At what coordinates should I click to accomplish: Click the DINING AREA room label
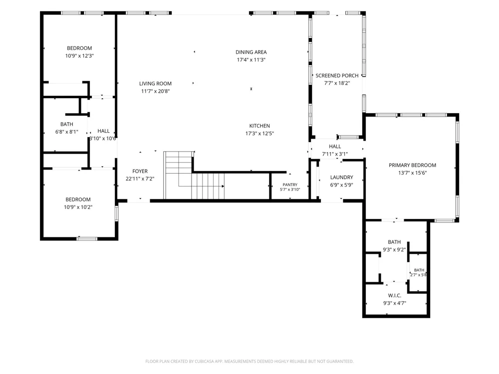[251, 52]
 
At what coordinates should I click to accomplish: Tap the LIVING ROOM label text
[155, 84]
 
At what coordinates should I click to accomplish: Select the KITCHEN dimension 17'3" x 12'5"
[259, 134]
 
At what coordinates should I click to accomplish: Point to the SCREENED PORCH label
[337, 76]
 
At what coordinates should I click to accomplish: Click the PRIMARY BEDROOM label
[413, 166]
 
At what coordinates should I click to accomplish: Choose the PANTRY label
[290, 185]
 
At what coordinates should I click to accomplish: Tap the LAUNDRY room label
[341, 178]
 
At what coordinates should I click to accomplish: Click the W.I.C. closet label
[395, 296]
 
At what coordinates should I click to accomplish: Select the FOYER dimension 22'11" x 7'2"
[140, 179]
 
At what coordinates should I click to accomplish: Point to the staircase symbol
[194, 175]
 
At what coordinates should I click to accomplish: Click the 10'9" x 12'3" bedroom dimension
[79, 56]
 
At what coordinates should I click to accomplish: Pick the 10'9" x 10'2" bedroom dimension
[78, 207]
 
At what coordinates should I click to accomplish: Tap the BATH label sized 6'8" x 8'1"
[67, 124]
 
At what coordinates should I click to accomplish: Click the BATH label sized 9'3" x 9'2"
[394, 242]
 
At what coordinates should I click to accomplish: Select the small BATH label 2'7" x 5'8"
[419, 270]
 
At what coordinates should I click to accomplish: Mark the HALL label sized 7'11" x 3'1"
[335, 147]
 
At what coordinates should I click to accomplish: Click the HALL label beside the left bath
[103, 131]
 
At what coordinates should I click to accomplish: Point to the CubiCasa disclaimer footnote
[249, 361]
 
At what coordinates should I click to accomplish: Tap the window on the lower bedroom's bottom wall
[87, 238]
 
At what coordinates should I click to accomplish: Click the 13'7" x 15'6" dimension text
[413, 173]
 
